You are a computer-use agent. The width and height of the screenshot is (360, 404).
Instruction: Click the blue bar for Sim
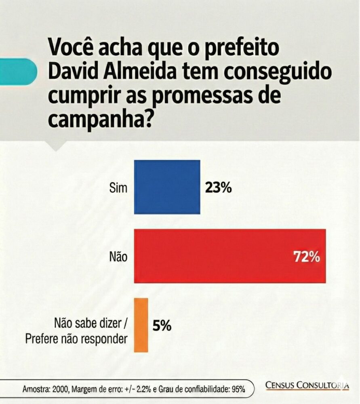[167, 187]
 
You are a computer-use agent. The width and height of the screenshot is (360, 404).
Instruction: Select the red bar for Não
[229, 256]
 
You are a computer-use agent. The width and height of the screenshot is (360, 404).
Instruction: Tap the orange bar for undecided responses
[141, 325]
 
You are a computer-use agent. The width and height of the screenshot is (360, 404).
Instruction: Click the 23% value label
[218, 187]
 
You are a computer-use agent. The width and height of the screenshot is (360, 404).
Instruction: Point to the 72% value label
[307, 257]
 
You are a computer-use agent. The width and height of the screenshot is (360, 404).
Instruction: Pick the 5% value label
[162, 325]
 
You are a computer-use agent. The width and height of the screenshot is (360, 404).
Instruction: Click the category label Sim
[118, 188]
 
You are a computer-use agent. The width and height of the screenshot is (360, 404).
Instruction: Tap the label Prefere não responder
[76, 338]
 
